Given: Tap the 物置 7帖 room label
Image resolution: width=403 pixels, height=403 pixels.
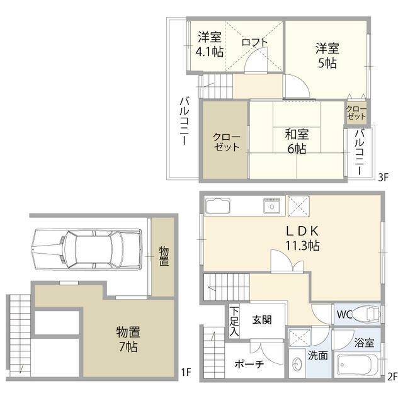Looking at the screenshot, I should tap(127, 338).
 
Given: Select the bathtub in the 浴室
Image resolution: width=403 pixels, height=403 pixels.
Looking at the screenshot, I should tap(356, 365).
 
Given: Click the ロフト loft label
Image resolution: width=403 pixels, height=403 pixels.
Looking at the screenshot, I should tap(254, 42).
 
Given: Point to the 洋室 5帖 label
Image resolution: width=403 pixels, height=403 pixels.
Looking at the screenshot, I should tap(327, 55).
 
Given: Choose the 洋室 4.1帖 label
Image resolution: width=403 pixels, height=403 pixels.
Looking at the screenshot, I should tap(209, 44).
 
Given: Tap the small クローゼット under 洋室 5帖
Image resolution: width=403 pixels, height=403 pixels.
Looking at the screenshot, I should tap(356, 112).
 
